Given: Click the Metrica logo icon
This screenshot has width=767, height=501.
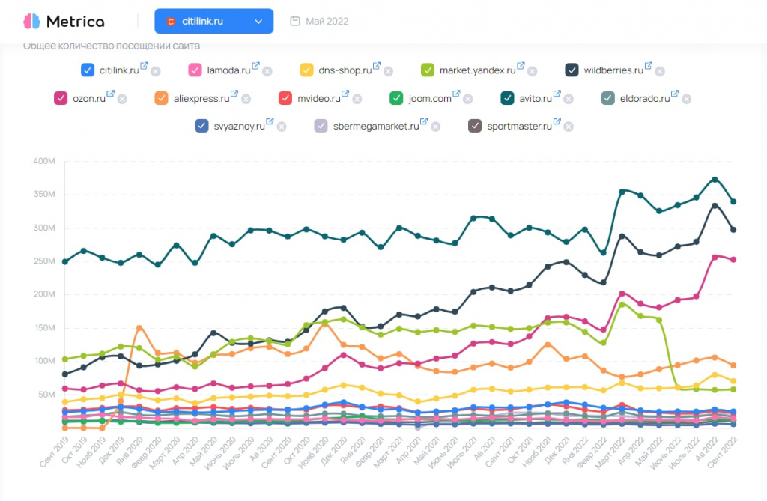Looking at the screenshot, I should coord(31,21).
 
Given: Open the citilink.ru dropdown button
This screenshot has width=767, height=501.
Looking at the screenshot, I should coord(213,22).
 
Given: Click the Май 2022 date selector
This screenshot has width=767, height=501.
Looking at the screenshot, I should coord(320,22).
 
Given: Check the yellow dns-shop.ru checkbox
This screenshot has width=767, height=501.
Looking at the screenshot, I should coord(306,70).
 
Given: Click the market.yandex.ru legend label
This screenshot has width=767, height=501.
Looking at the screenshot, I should coord(477,70).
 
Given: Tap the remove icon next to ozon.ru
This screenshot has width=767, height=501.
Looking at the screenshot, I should coord(122,99).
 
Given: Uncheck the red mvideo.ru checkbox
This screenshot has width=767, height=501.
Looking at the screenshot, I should coord(285,98).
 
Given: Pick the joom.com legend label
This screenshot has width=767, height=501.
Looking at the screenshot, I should coord(430,98).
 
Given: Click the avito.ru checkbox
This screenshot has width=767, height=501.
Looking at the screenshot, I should coord(506,98).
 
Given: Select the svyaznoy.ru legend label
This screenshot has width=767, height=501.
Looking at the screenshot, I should coord(240,126).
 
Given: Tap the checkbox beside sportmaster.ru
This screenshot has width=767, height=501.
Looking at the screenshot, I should coord(475,126).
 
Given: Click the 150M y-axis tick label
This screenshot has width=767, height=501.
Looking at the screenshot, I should coord(44,328).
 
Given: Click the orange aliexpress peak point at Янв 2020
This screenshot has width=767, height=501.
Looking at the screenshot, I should coord(139,328).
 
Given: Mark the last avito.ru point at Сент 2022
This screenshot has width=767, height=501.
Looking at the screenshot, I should coord(733,201).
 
